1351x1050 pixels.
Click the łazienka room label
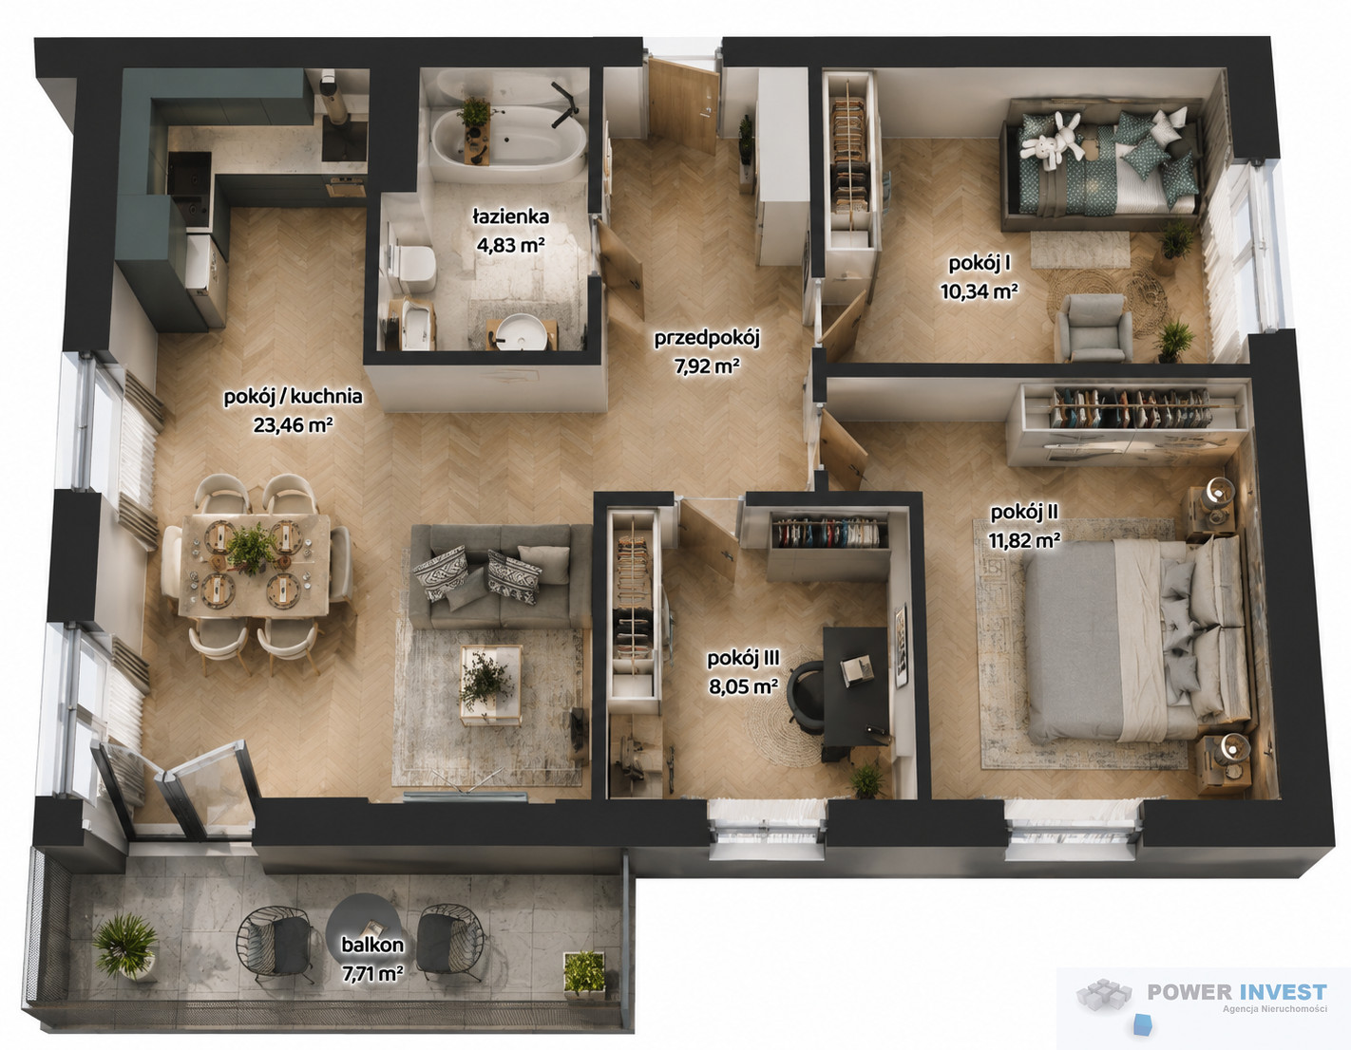(x=510, y=216)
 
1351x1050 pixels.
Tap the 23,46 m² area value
(x=293, y=425)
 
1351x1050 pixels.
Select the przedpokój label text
(x=707, y=339)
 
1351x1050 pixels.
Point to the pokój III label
(x=743, y=659)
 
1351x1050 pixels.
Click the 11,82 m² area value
(x=1024, y=540)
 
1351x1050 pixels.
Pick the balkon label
(x=372, y=945)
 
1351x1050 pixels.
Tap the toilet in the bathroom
(x=414, y=268)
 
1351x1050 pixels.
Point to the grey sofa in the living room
(x=500, y=576)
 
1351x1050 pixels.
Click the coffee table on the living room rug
(x=490, y=684)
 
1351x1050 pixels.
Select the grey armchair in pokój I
(x=1094, y=328)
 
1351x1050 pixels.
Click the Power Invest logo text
(x=1237, y=992)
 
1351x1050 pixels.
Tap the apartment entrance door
(x=683, y=105)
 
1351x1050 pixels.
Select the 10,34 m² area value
(x=980, y=291)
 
